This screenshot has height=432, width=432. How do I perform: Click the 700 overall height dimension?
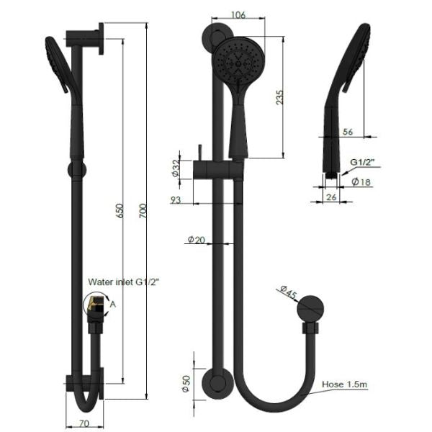(x=143, y=211)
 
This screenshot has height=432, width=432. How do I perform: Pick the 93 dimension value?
(x=176, y=199)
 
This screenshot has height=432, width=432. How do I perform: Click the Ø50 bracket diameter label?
(x=185, y=384)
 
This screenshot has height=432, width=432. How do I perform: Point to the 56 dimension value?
(x=348, y=131)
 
